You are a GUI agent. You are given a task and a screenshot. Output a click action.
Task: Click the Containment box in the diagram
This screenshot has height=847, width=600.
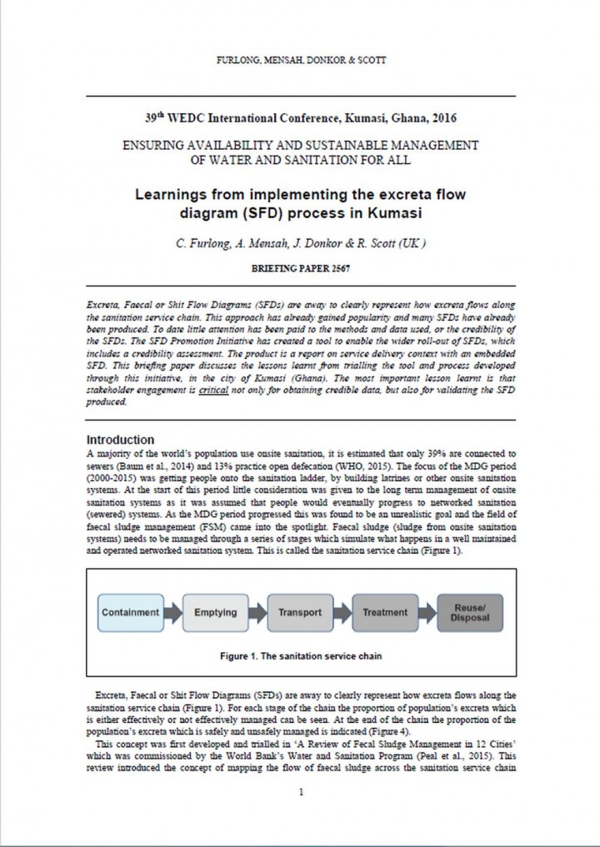pos(130,612)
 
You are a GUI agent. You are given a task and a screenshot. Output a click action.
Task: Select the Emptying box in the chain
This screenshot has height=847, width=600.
pos(215,612)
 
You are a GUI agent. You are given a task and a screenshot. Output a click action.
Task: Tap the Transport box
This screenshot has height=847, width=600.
pos(300,612)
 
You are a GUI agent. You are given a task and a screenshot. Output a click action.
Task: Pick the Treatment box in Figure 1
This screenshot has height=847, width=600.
pos(385,612)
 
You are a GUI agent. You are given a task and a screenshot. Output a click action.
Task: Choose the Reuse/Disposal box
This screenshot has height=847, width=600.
pos(470,612)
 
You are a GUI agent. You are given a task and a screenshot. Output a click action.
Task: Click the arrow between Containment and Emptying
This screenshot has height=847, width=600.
pos(172,612)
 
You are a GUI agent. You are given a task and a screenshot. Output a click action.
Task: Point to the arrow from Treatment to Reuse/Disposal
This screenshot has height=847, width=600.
pos(427,612)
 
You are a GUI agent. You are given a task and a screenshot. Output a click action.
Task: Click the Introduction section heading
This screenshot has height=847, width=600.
pos(121,440)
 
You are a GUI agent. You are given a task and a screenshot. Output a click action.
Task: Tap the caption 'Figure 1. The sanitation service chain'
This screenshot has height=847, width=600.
pos(300,656)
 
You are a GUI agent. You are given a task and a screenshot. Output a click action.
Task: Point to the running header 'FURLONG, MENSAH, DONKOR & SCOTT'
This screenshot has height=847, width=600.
pos(300,59)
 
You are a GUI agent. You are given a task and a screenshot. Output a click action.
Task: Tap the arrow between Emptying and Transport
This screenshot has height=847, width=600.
pos(257,612)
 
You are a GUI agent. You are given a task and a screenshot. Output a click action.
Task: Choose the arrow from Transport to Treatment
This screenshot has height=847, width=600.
pos(342,612)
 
